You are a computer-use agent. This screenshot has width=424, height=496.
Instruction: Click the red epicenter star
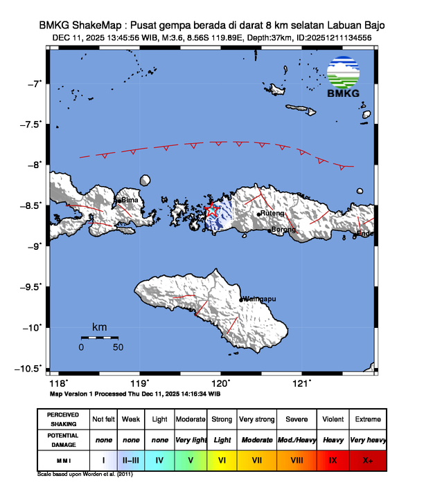click(213, 210)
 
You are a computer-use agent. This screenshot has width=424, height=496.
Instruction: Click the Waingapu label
click(260, 299)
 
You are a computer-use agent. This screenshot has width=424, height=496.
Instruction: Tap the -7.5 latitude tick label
click(32, 125)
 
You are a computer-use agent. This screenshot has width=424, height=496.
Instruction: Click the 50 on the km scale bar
click(118, 347)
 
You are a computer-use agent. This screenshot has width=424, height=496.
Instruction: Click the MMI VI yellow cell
click(222, 459)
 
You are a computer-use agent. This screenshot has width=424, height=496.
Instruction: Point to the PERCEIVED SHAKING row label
click(63, 419)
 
